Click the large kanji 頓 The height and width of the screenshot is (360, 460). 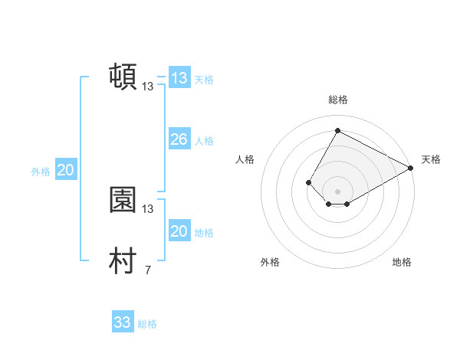tap(123, 77)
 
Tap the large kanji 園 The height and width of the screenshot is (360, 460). tap(123, 200)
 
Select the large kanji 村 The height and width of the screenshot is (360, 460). tap(123, 261)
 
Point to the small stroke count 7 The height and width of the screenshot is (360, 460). tap(147, 270)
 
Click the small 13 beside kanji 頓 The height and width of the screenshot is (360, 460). tap(148, 87)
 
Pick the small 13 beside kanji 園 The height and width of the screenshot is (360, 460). tap(148, 208)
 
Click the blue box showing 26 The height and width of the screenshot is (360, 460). tap(179, 139)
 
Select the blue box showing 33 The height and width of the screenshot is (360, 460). tap(123, 322)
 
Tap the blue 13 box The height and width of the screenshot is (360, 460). tap(179, 78)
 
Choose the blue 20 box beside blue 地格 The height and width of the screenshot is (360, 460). tap(179, 231)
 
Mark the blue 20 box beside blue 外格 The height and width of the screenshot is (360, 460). tap(65, 171)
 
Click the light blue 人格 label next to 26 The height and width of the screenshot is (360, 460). tap(204, 141)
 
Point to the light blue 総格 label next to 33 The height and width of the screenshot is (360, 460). tap(147, 324)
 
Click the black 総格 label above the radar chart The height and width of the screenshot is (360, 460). tap(337, 100)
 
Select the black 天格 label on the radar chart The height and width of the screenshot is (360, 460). tap(431, 159)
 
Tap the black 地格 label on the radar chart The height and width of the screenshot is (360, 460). tap(402, 262)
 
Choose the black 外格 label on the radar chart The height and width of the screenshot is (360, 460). tap(270, 262)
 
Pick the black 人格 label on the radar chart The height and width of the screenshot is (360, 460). tap(245, 159)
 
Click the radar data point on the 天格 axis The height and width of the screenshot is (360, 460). tap(411, 168)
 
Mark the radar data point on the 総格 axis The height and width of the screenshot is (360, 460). tap(337, 130)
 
